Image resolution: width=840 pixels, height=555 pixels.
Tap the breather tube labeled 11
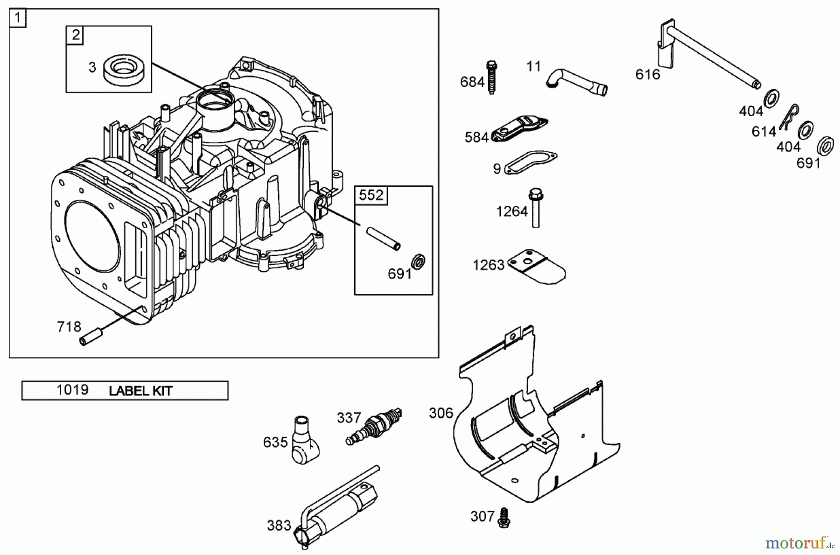(x=577, y=82)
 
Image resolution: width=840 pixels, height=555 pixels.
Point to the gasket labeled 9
(x=531, y=162)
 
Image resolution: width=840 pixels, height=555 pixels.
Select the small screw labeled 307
(x=504, y=518)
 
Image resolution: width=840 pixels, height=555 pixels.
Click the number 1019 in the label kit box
(x=72, y=390)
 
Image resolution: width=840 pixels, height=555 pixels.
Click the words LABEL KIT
(x=140, y=391)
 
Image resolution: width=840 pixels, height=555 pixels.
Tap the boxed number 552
(x=371, y=195)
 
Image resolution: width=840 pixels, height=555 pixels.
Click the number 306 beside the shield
(x=441, y=413)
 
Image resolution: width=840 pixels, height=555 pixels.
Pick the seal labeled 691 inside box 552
(x=418, y=261)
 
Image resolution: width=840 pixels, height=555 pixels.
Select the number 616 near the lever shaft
(x=648, y=74)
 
